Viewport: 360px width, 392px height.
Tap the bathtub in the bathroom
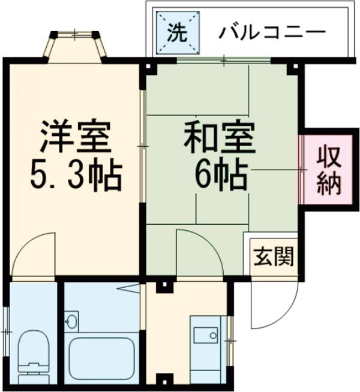101,358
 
